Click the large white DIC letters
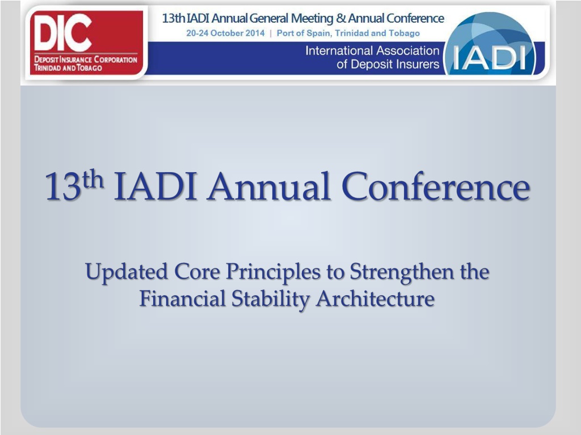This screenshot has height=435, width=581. tap(62, 33)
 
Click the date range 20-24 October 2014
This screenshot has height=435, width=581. tap(225, 33)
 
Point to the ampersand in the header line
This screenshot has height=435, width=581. tap(340, 18)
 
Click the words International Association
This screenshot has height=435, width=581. tap(372, 50)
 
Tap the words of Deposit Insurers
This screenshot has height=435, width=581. tap(388, 64)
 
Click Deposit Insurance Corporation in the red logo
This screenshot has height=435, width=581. tap(86, 59)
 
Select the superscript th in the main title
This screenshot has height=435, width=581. tap(93, 180)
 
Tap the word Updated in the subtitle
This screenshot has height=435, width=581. tap(127, 272)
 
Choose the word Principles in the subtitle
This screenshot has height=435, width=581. tap(273, 272)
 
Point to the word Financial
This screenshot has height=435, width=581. tap(182, 298)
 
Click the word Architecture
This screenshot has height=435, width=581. tap(375, 298)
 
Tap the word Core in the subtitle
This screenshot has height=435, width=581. tap(197, 272)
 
